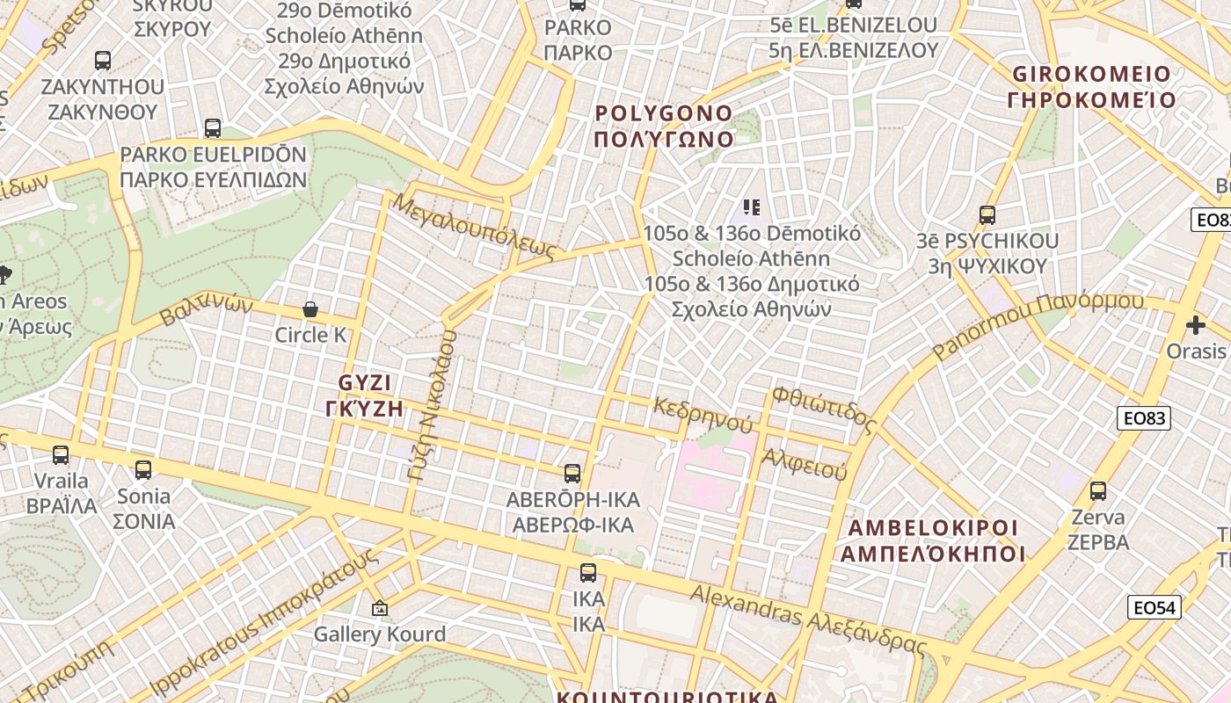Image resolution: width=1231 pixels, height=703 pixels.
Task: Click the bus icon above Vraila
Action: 61,455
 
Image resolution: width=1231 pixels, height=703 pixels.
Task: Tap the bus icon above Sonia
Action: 143,470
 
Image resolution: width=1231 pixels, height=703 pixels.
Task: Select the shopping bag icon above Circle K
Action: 310,309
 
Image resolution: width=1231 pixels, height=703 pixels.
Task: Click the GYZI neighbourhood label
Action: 365,395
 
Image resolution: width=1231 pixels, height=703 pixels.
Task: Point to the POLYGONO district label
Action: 664,127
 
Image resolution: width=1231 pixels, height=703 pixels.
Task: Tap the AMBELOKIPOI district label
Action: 933,540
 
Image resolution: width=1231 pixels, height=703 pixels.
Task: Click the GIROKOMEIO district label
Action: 1092,86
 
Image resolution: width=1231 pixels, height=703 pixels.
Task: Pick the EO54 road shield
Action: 1155,607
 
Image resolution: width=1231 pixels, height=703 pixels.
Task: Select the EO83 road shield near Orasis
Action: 1144,418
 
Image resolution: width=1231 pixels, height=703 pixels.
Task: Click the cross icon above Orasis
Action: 1196,325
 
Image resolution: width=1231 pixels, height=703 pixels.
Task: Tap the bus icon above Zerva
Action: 1098,491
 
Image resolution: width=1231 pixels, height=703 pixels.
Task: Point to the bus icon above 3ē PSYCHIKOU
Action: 987,215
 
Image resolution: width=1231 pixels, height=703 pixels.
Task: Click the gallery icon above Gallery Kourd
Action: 380,608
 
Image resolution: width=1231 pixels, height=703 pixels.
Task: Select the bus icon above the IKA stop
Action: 588,574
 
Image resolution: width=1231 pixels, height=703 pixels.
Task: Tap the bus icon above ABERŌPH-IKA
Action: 572,474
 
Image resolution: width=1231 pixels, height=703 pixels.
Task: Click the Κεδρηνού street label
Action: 703,414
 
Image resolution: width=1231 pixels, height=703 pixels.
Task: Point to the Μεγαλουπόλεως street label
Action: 475,226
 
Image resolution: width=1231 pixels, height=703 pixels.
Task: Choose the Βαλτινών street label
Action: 208,309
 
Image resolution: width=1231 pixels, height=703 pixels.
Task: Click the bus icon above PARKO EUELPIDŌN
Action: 213,128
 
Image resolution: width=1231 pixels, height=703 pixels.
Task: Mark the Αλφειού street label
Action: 805,464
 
